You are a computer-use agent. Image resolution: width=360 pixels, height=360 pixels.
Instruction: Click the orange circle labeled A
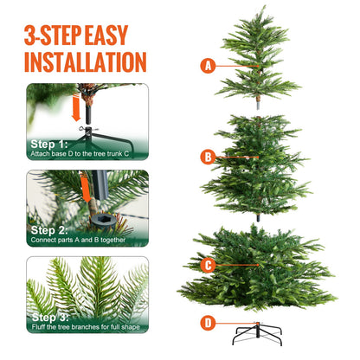[x=207, y=65]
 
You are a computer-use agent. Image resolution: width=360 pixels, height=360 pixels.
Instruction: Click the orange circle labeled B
[x=207, y=157]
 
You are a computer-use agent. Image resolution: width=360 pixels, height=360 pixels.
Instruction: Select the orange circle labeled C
[x=207, y=266]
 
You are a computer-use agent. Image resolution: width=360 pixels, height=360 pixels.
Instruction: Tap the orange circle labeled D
[x=207, y=324]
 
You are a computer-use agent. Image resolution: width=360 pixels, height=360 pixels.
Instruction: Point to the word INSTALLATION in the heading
[x=85, y=61]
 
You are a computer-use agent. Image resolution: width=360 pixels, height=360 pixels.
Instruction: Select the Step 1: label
[x=48, y=144]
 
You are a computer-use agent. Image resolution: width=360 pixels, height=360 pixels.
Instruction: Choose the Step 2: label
[x=48, y=230]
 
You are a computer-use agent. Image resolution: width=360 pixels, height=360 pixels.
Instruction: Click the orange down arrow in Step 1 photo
[x=77, y=109]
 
